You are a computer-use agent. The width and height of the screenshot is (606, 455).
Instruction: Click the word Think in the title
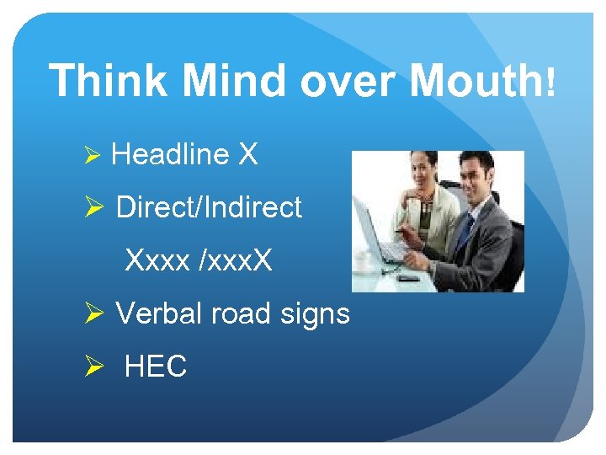108,82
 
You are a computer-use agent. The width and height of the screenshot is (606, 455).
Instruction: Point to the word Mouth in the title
476,82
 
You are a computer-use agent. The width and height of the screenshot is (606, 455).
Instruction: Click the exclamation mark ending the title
550,82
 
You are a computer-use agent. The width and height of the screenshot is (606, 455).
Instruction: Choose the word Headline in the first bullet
169,154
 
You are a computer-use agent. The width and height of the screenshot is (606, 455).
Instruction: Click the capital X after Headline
247,154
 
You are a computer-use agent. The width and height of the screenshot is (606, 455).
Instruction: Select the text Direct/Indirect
209,207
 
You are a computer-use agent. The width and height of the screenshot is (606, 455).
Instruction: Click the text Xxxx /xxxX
199,260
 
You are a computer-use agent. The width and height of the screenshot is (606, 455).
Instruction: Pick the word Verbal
159,313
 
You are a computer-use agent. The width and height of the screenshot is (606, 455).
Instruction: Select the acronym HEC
156,367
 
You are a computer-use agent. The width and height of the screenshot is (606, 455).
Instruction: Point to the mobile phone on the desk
409,277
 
